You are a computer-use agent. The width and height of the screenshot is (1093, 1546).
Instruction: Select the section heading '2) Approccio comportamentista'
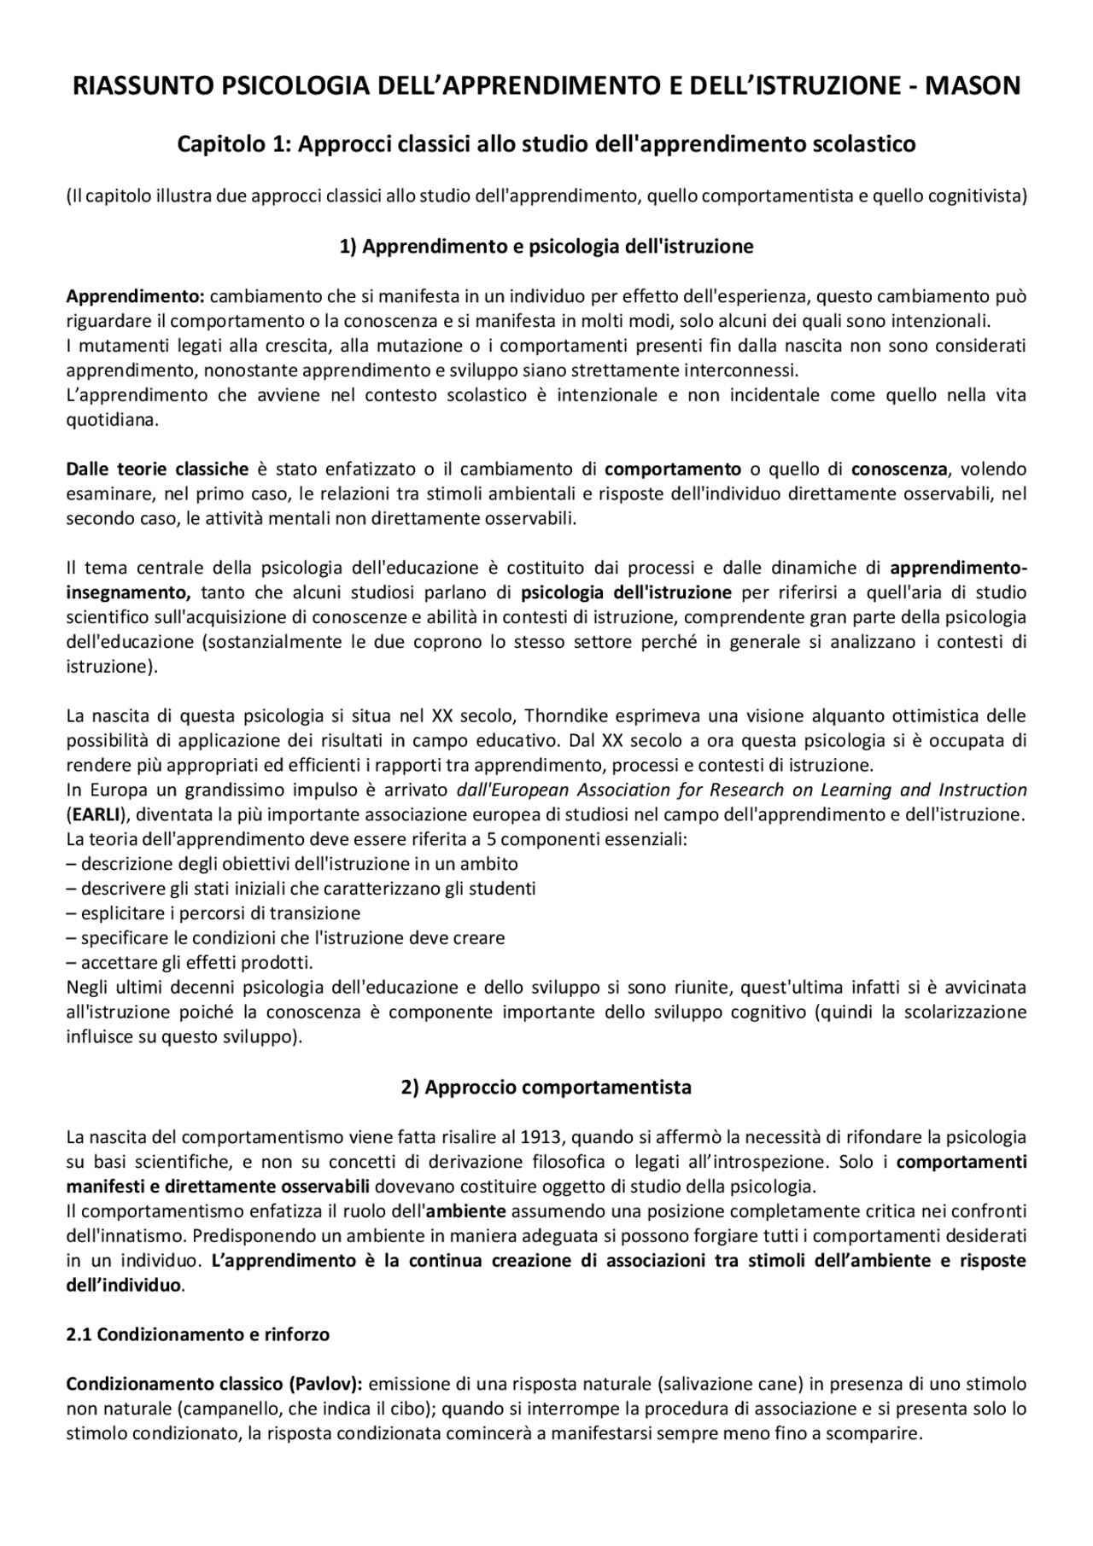[546, 1088]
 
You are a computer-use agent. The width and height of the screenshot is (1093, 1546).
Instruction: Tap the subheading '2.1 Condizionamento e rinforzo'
[198, 1334]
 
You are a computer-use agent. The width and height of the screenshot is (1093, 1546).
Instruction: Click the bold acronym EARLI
[96, 814]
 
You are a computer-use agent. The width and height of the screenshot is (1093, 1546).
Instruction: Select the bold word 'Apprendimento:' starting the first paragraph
[136, 297]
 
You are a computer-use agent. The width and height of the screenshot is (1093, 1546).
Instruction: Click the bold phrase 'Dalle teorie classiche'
[158, 469]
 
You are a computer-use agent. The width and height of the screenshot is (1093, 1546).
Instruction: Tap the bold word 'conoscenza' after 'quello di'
[899, 469]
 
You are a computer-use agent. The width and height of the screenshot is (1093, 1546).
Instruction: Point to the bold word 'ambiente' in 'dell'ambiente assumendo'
[466, 1211]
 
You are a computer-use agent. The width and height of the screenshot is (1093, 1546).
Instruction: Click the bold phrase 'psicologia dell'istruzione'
[626, 592]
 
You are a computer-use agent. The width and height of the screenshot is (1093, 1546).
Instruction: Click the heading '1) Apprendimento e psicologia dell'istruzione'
[546, 247]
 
